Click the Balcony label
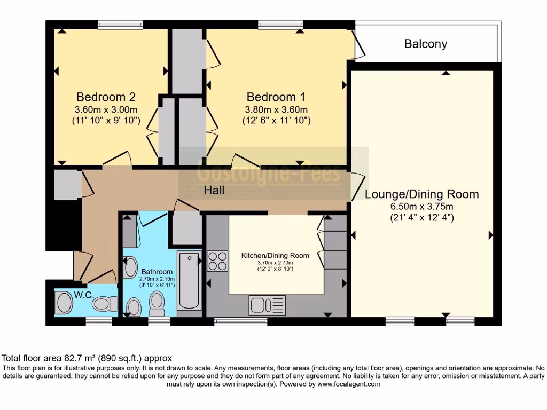[425, 44]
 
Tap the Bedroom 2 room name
[106, 97]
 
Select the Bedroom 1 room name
[276, 97]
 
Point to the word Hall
[214, 190]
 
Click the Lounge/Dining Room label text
[421, 194]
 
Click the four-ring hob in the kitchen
[217, 261]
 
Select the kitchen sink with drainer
[267, 305]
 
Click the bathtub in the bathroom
[189, 280]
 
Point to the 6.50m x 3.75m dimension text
[421, 206]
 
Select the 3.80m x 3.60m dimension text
[276, 109]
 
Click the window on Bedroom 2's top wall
[120, 24]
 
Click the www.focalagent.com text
[348, 384]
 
